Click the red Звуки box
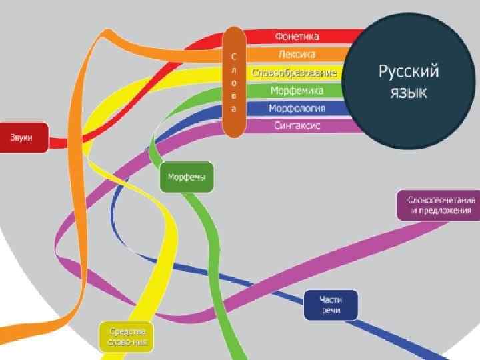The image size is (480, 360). pyautogui.click(x=23, y=137)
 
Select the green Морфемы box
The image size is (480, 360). pyautogui.click(x=187, y=178)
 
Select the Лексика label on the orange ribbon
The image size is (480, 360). pyautogui.click(x=297, y=54)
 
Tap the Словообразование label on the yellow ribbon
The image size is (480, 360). pyautogui.click(x=294, y=72)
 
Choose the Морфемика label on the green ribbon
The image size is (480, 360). pyautogui.click(x=297, y=90)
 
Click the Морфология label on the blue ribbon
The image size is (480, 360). pyautogui.click(x=297, y=108)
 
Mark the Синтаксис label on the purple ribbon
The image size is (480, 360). pyautogui.click(x=297, y=125)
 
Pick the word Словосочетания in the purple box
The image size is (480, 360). pyautogui.click(x=441, y=199)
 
